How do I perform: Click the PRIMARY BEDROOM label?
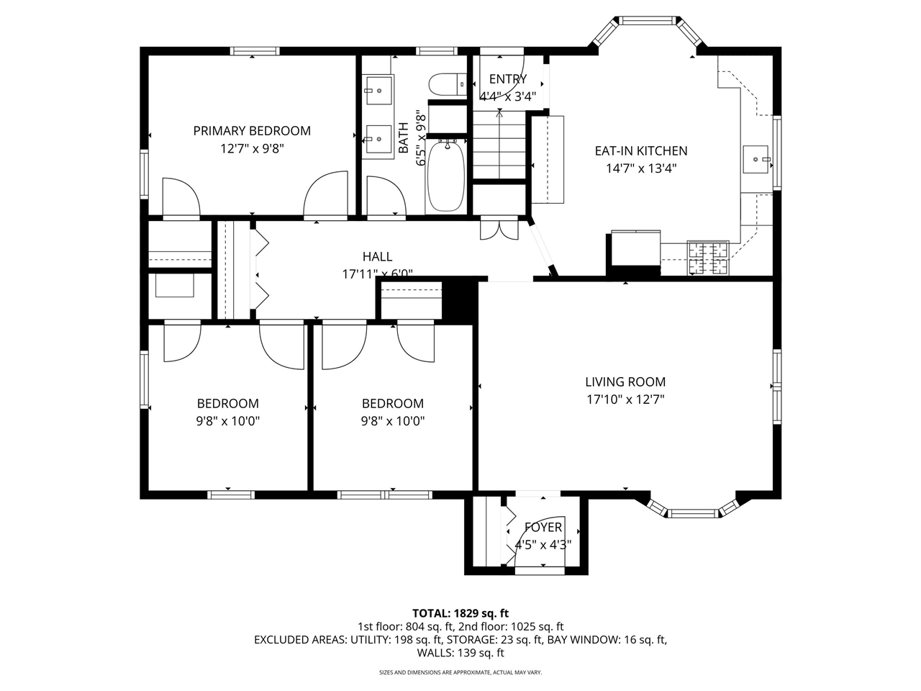[x=252, y=130]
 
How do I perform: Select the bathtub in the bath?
[x=448, y=176]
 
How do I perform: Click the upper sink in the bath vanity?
[x=378, y=91]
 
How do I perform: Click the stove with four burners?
[x=708, y=258]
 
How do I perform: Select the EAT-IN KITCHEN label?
[x=640, y=151]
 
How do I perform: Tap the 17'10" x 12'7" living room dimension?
[x=625, y=399]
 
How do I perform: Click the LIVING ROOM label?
[x=625, y=382]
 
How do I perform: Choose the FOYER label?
[x=543, y=528]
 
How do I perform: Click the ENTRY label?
[x=508, y=79]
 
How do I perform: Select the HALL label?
[x=377, y=256]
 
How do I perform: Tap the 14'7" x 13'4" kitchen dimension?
[x=640, y=168]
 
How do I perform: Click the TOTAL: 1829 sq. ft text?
[x=460, y=613]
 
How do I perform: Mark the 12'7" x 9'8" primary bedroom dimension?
[x=252, y=148]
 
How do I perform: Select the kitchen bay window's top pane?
[x=649, y=19]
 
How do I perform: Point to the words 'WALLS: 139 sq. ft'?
[x=460, y=653]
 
